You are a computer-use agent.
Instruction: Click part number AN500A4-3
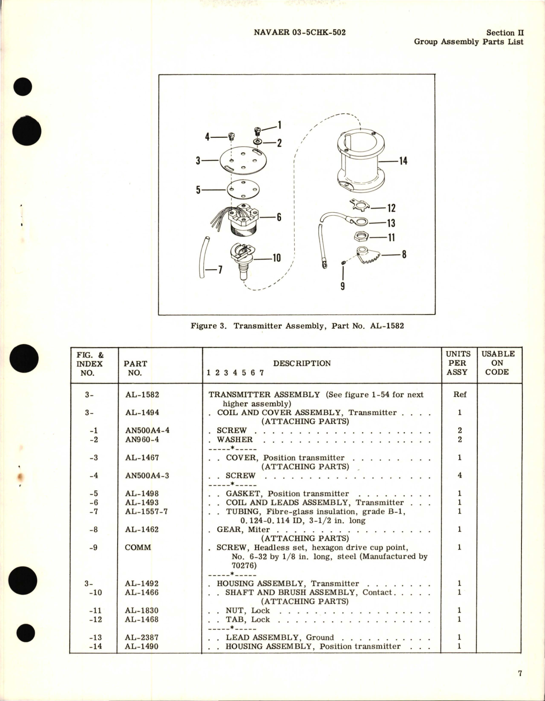pos(147,475)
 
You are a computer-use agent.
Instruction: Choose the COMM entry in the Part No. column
pos(138,547)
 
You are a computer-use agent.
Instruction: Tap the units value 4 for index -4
pos(459,475)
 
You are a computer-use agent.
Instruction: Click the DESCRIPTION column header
pos(302,363)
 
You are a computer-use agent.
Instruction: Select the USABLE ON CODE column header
pos(498,363)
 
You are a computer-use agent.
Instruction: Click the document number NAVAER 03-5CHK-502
pos(299,33)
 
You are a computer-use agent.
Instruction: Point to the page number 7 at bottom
pos(520,674)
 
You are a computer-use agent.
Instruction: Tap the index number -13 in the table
pos(95,637)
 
